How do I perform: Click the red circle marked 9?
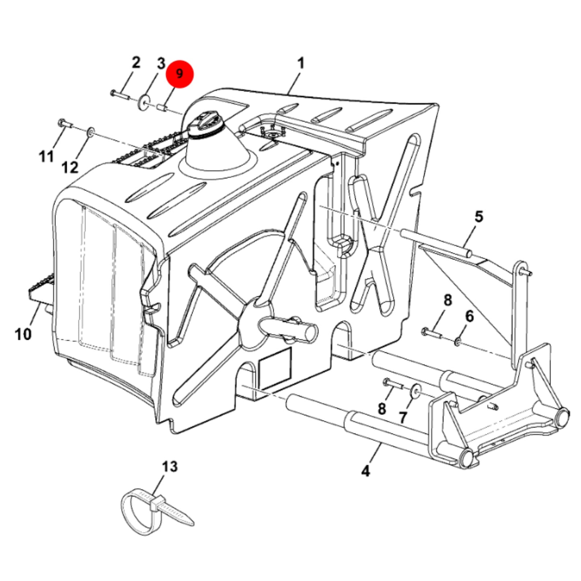point(179,74)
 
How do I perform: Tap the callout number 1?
point(301,63)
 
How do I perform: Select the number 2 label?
point(136,62)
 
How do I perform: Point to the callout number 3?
point(161,63)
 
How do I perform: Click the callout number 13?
point(170,466)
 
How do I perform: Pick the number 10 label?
point(23,335)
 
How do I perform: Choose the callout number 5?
point(479,217)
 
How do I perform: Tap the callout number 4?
point(365,471)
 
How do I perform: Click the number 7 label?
point(403,418)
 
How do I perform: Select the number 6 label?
point(470,316)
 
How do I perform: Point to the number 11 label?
point(46,156)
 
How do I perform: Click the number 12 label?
point(70,167)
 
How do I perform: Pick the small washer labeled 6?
point(458,342)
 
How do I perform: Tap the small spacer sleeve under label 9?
point(162,107)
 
